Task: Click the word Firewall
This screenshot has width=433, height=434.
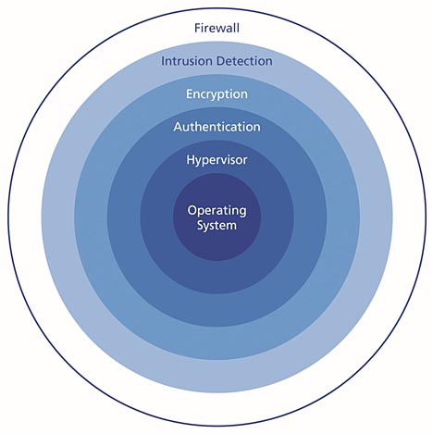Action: (x=216, y=28)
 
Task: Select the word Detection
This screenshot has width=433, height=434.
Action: (x=244, y=61)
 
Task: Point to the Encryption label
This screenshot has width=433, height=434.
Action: (x=216, y=94)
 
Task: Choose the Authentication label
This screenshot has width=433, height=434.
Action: (x=216, y=127)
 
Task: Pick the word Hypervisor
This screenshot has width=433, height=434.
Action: (x=216, y=160)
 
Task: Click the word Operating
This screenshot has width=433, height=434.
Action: (x=216, y=211)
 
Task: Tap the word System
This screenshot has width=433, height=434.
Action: (x=216, y=226)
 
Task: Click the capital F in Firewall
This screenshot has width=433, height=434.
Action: (x=197, y=28)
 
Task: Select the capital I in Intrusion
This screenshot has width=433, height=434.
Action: (x=163, y=61)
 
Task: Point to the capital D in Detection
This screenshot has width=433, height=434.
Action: (x=220, y=61)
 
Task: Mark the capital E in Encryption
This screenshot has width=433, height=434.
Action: (x=190, y=93)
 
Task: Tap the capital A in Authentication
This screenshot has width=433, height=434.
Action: (x=178, y=127)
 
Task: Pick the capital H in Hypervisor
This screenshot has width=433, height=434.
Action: (x=191, y=160)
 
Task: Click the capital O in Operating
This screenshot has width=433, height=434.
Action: (x=192, y=210)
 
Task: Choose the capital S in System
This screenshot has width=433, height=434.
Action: (x=201, y=225)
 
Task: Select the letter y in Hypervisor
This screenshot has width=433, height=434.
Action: (x=199, y=162)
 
